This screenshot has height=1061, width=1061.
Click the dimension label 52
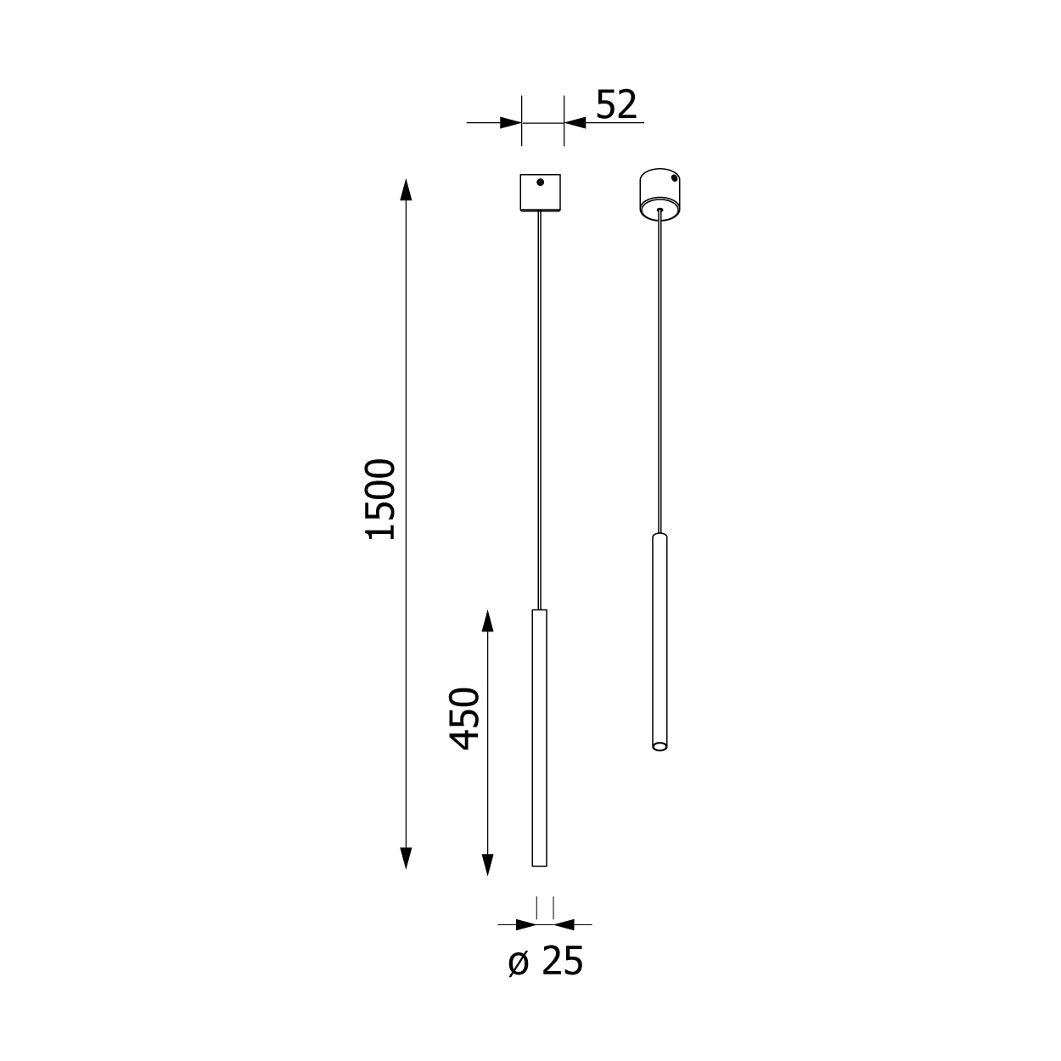(x=616, y=104)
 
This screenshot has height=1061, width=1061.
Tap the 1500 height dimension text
(x=380, y=499)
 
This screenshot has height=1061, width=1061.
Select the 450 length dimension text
(x=464, y=719)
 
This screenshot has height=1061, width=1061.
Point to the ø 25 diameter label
(x=545, y=962)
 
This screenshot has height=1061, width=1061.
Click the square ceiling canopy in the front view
(x=540, y=193)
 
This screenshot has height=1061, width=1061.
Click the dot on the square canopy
(x=540, y=182)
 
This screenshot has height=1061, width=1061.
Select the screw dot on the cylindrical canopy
(x=674, y=178)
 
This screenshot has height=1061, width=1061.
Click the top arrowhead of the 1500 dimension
(x=406, y=190)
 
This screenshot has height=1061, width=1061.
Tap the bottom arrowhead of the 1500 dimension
(x=406, y=858)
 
